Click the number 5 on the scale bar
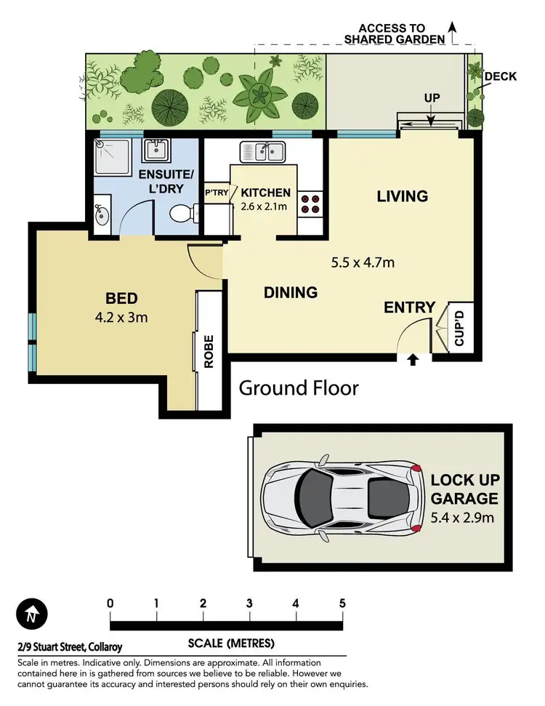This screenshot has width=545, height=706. coord(342,603)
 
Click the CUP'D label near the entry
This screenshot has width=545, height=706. coord(459,329)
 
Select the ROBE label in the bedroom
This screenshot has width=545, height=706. coord(209,352)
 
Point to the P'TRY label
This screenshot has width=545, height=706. coord(216,192)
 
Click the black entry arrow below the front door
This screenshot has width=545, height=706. coord(413,359)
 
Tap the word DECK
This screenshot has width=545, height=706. coord(500,76)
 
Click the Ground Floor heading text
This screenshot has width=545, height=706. coord(299,388)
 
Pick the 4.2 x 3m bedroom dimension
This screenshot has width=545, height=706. coord(122,316)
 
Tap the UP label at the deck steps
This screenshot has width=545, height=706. coord(432,97)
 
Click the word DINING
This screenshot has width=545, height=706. coord(291,292)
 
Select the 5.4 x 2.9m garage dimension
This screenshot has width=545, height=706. coord(464,517)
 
